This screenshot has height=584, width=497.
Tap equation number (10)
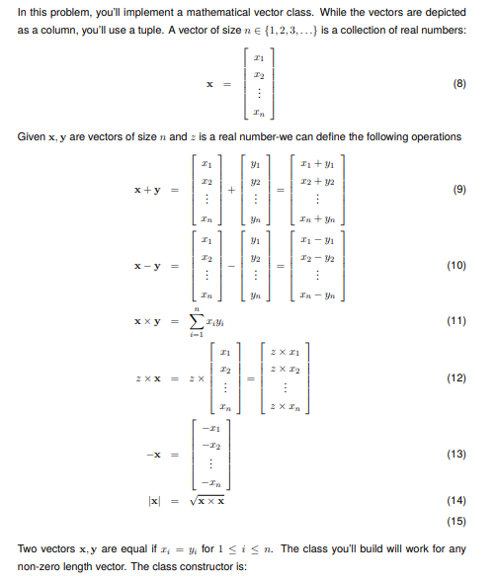456,266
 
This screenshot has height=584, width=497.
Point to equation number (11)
456,322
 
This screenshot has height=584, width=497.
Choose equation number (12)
456,378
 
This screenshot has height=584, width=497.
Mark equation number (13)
456,455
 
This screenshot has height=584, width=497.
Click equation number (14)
456,502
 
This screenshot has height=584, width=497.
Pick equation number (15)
456,520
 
